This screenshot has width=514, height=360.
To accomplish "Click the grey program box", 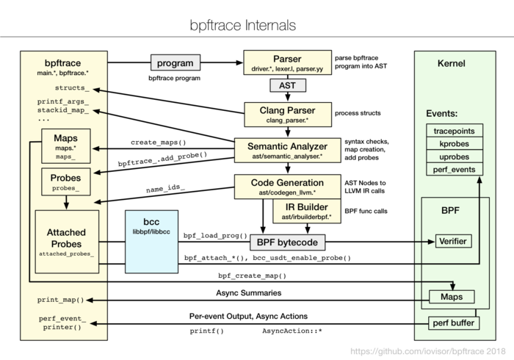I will (x=175, y=62).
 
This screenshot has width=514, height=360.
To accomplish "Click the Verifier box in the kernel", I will (x=453, y=240).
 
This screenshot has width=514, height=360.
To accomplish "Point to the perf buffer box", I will (x=453, y=322).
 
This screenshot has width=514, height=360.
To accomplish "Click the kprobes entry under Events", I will (x=453, y=143).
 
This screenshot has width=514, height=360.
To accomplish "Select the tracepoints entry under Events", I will (x=453, y=130).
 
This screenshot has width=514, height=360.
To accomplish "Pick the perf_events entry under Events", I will (x=453, y=170).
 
